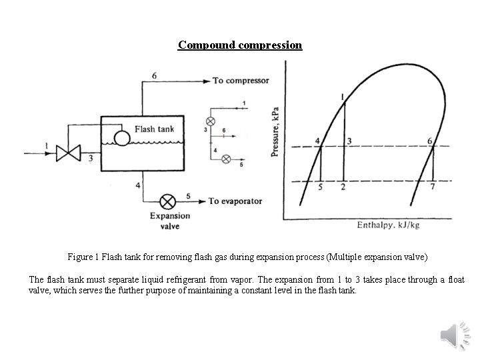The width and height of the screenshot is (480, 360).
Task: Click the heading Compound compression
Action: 240,45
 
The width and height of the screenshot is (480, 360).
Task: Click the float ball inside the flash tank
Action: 122,137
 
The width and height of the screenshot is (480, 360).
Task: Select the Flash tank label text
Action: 154,129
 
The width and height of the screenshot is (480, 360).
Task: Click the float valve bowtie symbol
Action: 67,153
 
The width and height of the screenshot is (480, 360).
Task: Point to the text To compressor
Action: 241,81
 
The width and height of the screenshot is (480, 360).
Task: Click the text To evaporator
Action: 235,201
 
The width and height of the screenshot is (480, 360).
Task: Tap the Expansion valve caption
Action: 169,221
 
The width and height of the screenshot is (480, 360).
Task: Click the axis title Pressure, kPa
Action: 275,133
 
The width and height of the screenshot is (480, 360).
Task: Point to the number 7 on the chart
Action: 433,187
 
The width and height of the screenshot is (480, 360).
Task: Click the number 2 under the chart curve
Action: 343,187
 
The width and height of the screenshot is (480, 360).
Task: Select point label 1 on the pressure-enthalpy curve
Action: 343,97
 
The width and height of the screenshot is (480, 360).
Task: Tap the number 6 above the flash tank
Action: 155,75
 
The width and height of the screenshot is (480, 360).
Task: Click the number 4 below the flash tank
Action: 137,184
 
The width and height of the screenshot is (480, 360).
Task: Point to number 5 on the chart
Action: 321,187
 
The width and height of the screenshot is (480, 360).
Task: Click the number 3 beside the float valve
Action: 90,158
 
